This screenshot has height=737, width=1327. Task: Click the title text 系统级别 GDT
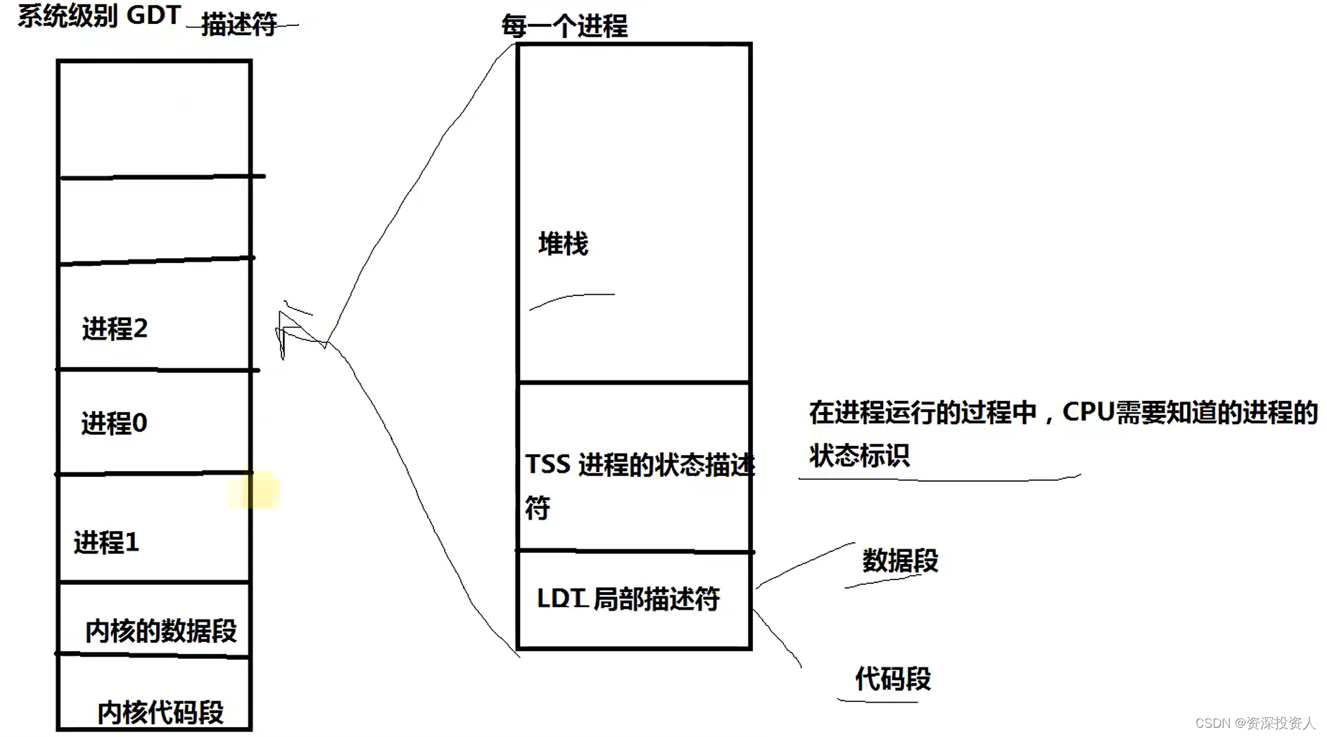[99, 15]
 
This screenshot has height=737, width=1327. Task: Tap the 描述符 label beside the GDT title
[239, 25]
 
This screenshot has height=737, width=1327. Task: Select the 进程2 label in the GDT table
[115, 328]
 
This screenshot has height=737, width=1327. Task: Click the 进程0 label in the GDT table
[114, 423]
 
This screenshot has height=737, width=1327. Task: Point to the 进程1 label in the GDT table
[106, 542]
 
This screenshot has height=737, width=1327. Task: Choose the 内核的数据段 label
[160, 631]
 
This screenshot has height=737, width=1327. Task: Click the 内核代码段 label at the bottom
[160, 712]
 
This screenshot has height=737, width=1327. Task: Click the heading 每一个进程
[564, 26]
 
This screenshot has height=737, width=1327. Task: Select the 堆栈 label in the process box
[563, 244]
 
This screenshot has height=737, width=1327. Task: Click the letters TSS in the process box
[547, 464]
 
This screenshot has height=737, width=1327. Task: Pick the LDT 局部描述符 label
[628, 598]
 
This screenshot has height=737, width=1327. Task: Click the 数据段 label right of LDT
[900, 560]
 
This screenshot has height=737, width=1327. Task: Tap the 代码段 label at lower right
[892, 679]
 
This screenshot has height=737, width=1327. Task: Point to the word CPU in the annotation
[1088, 412]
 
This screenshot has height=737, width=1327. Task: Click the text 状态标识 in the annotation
[859, 456]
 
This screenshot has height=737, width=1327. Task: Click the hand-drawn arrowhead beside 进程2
[288, 331]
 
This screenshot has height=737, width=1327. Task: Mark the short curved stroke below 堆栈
[571, 300]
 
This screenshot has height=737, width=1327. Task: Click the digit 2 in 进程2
[140, 328]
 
